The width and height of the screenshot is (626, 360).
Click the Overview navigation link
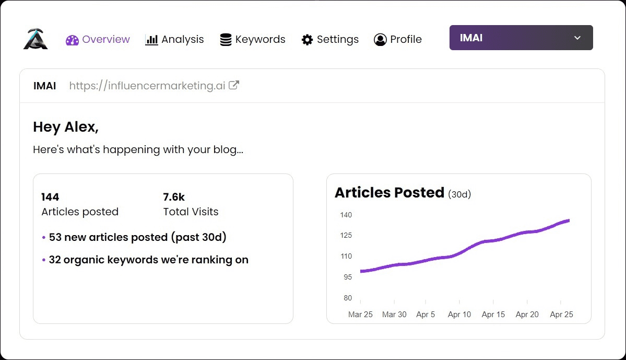pyautogui.click(x=98, y=40)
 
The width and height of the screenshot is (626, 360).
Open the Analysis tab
pyautogui.click(x=174, y=40)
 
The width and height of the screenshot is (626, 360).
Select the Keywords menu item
pyautogui.click(x=253, y=40)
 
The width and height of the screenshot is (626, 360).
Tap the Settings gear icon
pyautogui.click(x=307, y=40)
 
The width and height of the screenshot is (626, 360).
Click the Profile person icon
pyautogui.click(x=380, y=40)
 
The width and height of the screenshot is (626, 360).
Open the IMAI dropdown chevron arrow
pyautogui.click(x=577, y=38)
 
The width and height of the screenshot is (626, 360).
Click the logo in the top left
pyautogui.click(x=36, y=39)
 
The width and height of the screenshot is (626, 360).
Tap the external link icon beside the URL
pyautogui.click(x=234, y=85)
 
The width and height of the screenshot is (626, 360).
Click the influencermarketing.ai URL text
pyautogui.click(x=147, y=86)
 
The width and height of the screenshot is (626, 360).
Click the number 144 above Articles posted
pyautogui.click(x=50, y=197)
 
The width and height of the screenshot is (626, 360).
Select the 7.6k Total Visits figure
pyautogui.click(x=174, y=197)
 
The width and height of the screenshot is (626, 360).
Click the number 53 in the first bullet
pyautogui.click(x=55, y=237)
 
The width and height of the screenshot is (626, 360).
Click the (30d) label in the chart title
pyautogui.click(x=459, y=194)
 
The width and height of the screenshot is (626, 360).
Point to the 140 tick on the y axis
pyautogui.click(x=346, y=215)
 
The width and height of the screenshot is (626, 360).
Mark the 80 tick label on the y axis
pyautogui.click(x=348, y=298)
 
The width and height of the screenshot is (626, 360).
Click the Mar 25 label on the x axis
pyautogui.click(x=360, y=315)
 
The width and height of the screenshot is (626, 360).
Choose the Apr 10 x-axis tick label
pyautogui.click(x=459, y=315)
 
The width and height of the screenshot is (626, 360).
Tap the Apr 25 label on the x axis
pyautogui.click(x=561, y=315)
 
